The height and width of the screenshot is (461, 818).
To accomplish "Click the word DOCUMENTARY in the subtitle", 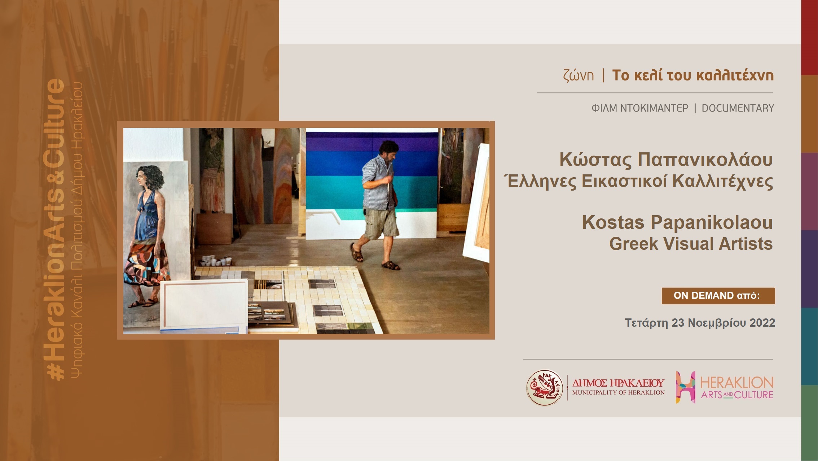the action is tap(738, 108).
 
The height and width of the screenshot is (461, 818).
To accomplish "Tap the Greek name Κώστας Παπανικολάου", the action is tap(666, 160).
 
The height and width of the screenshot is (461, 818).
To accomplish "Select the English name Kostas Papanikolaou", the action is tap(677, 222).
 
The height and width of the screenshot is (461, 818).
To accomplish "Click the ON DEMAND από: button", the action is tap(718, 296).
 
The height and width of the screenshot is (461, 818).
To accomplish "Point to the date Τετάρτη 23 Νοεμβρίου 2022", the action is tap(700, 323).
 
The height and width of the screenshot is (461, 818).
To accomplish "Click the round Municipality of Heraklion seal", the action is tap(545, 387).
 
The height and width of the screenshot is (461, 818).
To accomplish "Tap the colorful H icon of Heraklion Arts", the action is tap(685, 387).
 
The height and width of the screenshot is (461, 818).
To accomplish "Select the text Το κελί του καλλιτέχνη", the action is tap(693, 75).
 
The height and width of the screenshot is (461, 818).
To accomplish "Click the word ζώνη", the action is tap(578, 75).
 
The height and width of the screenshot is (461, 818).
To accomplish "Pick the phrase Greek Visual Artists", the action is tap(691, 244).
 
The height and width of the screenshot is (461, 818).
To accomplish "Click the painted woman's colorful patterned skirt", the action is tap(146, 263).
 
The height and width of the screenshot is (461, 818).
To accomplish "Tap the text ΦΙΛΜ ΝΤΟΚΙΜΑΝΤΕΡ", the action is tap(640, 108).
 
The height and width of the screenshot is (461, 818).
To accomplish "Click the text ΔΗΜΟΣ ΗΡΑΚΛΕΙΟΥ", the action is tap(618, 383).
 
